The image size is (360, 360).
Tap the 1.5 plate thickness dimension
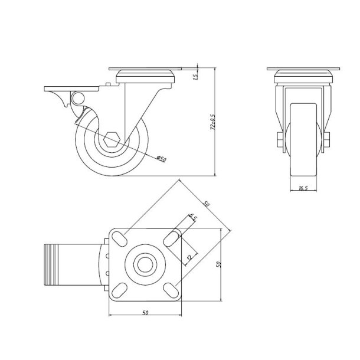tap(195, 75)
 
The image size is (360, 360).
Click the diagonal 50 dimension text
tap(206, 204)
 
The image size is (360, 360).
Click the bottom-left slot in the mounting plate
tap(119, 290)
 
